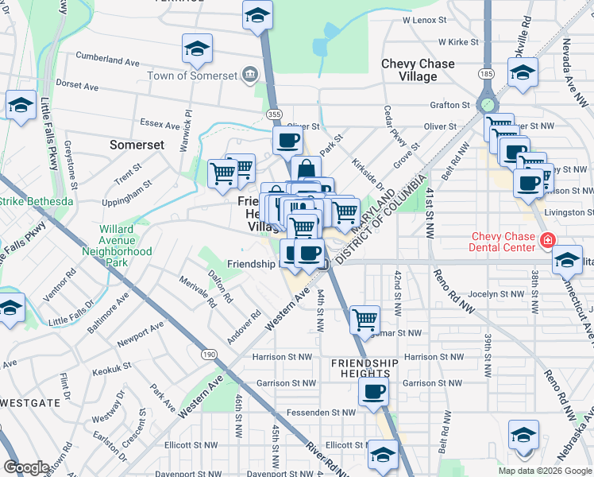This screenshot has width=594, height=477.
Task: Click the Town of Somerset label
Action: point(193,76)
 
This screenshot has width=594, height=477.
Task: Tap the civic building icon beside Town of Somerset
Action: point(249,75)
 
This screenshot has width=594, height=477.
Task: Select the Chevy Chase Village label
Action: point(418,70)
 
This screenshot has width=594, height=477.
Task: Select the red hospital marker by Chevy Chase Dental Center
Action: point(546,239)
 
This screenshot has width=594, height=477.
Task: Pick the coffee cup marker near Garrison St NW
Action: point(372,390)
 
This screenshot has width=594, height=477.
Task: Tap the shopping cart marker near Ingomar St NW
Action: point(364,319)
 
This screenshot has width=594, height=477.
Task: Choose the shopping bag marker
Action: point(306,169)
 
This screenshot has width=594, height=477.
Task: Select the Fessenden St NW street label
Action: point(325,413)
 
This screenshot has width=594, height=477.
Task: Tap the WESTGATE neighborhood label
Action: point(30,403)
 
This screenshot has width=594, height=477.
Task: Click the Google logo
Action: point(26,467)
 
